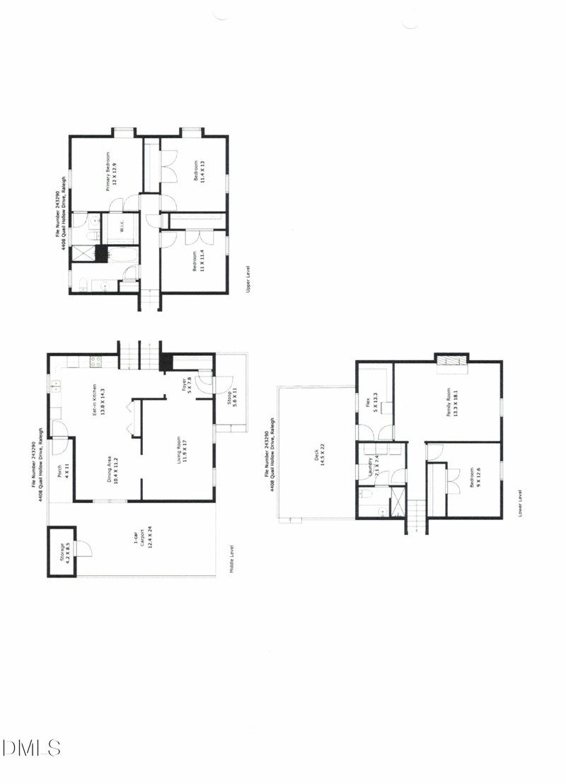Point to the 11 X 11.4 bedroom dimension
point(202,260)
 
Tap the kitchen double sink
point(56,386)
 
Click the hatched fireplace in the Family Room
point(451,362)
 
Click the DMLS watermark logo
point(31,748)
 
